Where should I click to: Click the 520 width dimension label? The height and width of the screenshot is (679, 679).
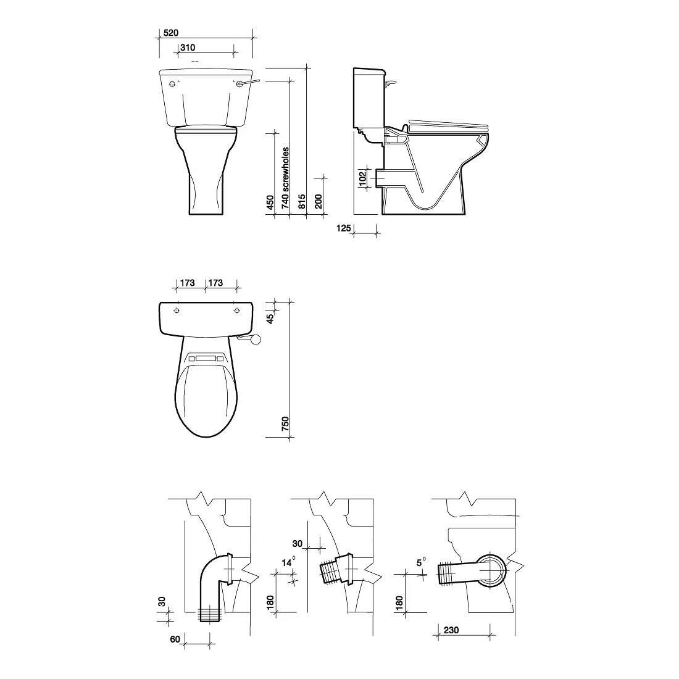click(171, 33)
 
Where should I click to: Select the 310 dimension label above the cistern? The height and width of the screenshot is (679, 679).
click(188, 48)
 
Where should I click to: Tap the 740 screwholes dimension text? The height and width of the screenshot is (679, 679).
click(285, 178)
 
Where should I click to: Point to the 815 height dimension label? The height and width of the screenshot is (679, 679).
click(302, 201)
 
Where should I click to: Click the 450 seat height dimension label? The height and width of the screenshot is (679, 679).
click(270, 202)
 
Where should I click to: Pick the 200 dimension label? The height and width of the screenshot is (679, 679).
click(319, 201)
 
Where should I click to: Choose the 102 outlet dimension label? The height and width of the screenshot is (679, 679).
click(363, 178)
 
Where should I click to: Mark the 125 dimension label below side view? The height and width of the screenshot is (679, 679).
click(344, 228)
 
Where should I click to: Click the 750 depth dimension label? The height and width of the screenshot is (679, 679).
click(285, 423)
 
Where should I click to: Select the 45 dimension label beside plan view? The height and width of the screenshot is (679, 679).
click(270, 319)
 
